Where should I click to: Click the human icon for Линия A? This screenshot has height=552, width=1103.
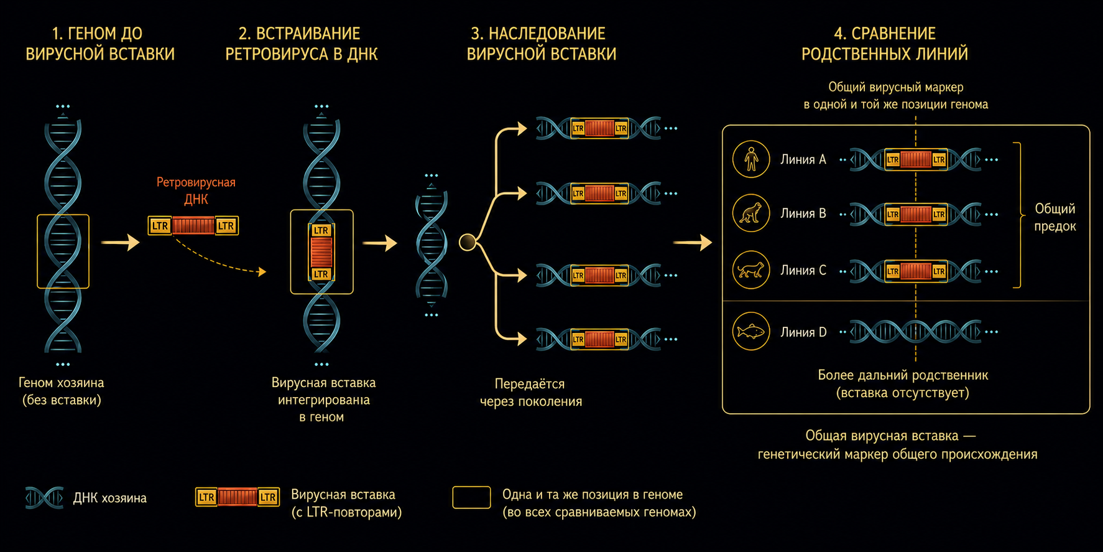coord(751,159)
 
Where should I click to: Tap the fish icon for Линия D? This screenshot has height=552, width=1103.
coord(751,331)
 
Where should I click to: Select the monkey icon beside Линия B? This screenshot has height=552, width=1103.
coord(751,213)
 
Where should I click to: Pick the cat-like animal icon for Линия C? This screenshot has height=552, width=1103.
coord(751,270)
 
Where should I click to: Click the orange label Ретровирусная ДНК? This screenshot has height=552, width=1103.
coord(196,190)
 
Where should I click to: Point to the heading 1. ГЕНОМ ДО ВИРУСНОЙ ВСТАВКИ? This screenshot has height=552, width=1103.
coord(100,44)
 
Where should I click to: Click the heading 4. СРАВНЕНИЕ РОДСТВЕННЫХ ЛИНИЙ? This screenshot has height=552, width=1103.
coord(885,44)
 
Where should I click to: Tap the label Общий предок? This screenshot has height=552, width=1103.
coord(1055,217)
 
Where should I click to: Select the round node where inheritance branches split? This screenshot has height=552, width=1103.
coord(468,242)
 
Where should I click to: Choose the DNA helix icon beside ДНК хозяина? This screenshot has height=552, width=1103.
coord(45,498)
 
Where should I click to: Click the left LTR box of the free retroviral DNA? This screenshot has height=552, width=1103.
coord(160,225)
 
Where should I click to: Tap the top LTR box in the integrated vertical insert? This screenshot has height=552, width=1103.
coord(321,230)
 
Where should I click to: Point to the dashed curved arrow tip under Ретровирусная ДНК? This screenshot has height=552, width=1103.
coord(264,271)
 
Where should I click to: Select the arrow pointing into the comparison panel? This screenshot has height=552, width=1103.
coord(693,242)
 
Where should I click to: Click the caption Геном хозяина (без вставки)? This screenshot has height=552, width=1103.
coord(62,391)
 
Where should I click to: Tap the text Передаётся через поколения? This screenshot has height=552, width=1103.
coord(531,393)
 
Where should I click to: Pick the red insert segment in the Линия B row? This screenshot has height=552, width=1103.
coord(916,214)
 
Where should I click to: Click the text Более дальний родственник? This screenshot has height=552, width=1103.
coord(903,375)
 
